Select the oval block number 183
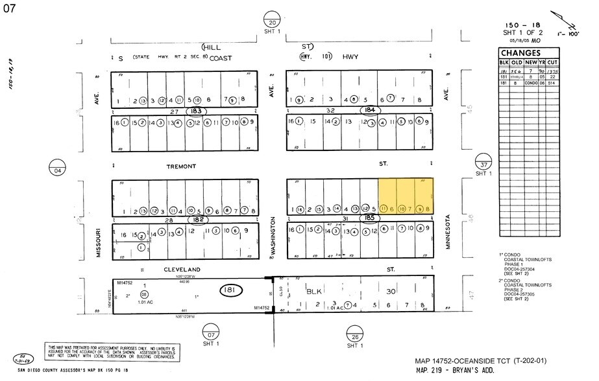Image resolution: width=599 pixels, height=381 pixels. pos(196,111)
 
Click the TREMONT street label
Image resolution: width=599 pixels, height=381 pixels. pos(181,167)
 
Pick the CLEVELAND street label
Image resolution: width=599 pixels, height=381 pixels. pos(182,268)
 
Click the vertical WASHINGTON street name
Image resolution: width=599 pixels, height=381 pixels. pos(274,238)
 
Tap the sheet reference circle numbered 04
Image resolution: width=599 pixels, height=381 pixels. pos(58,166)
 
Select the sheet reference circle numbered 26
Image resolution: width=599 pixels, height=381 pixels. pos(354,334)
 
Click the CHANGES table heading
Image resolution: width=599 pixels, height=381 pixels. pos(520,53)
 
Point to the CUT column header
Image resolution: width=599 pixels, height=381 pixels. pos(552,62)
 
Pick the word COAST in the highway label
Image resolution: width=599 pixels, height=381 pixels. pos(219,57)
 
